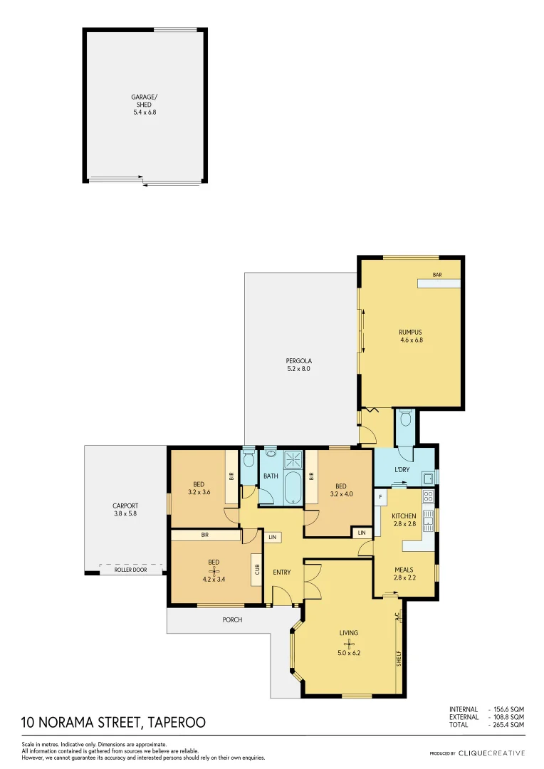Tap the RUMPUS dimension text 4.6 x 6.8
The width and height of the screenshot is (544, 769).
pos(411,340)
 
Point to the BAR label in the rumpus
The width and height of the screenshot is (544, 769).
pos(438,274)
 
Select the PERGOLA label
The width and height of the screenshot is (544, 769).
pos(298,360)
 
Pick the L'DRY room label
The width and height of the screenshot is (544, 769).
pos(402,470)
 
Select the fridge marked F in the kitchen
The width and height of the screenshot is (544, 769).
pos(380,496)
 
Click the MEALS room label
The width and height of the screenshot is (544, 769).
pos(404,570)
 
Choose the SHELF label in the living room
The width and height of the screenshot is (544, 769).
pos(399,658)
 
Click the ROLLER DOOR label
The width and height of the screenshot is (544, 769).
pos(130,570)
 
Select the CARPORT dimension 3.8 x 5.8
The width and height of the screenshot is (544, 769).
pos(125,513)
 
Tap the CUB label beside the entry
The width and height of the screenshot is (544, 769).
pos(256,570)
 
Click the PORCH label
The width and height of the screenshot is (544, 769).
pos(232,619)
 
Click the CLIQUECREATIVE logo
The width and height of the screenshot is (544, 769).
pos(491,753)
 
